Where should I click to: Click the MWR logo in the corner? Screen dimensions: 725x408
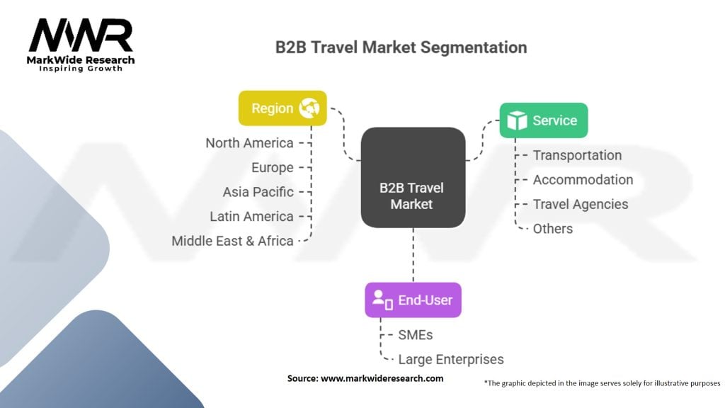coord(81,45)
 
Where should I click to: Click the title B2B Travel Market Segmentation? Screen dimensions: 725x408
coord(401,47)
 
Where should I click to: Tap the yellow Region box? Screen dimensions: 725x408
coord(282,108)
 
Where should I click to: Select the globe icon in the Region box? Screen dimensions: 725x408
coord(309,108)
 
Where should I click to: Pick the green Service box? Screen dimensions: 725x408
coord(544,120)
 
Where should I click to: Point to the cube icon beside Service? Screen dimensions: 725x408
coord(517,120)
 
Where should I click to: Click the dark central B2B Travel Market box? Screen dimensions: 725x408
coord(413,177)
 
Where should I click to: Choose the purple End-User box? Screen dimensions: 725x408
coord(413,300)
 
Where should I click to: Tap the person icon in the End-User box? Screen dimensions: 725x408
coord(382,300)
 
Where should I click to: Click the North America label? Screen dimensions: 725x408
coord(250,143)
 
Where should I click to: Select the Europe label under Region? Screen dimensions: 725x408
coord(273,167)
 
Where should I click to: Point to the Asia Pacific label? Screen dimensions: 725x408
coord(258,192)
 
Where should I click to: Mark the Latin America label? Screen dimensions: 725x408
coord(251,217)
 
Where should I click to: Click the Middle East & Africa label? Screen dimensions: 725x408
coord(232,241)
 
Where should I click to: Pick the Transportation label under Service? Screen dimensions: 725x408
coord(578,155)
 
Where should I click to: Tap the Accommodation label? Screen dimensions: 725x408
coord(583,179)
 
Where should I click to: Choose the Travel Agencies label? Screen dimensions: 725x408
coord(581,205)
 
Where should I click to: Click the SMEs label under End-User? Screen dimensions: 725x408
coord(416,335)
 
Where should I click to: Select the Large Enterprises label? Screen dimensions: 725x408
coord(451,359)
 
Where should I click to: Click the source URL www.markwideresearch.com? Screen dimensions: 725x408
coord(382,378)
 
